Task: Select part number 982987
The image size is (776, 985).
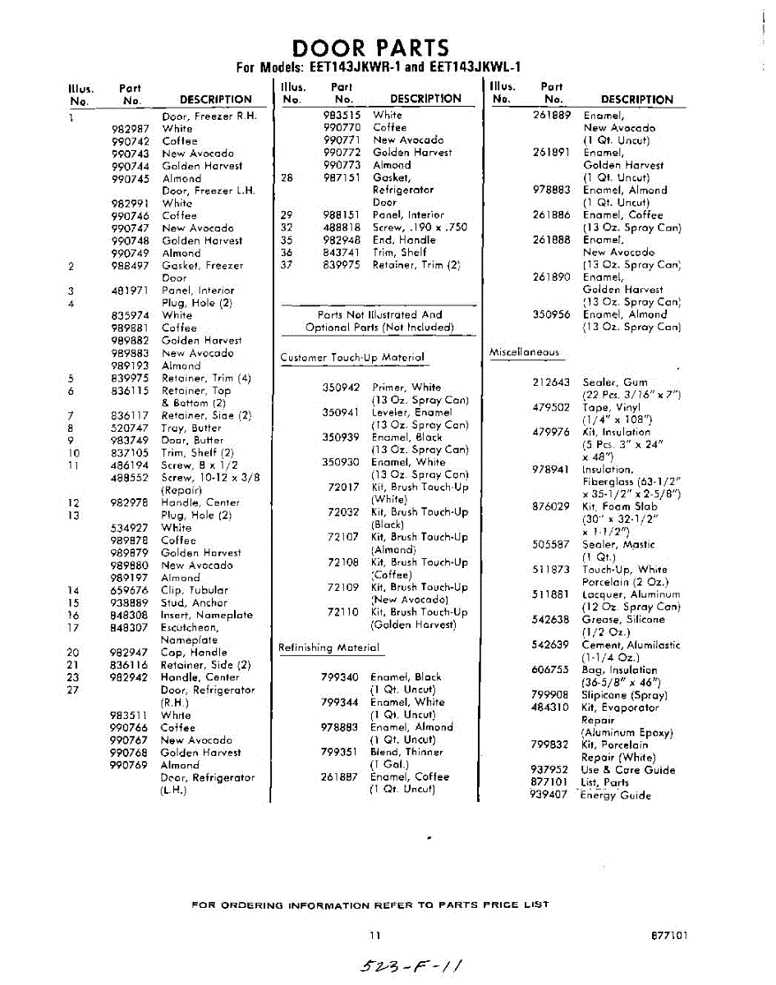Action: pyautogui.click(x=130, y=129)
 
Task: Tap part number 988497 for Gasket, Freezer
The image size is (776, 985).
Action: pyautogui.click(x=130, y=266)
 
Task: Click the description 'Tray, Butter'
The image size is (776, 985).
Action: pyautogui.click(x=191, y=428)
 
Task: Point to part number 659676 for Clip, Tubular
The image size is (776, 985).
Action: pyautogui.click(x=130, y=590)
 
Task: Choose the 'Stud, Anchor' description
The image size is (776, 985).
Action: pyautogui.click(x=194, y=602)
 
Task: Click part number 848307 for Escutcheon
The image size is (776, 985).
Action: pyautogui.click(x=130, y=628)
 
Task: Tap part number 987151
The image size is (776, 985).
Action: pyautogui.click(x=342, y=177)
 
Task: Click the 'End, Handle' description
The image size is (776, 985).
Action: pyautogui.click(x=404, y=241)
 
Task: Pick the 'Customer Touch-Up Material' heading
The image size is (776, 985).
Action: pyautogui.click(x=352, y=358)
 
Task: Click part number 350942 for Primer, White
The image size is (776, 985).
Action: pyautogui.click(x=341, y=387)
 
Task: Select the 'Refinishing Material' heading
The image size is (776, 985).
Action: pyautogui.click(x=328, y=648)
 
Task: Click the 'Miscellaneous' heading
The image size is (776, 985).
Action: pyautogui.click(x=524, y=352)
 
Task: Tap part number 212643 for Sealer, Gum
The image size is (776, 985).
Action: pyautogui.click(x=550, y=383)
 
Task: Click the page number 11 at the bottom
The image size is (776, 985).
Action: pyautogui.click(x=375, y=935)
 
